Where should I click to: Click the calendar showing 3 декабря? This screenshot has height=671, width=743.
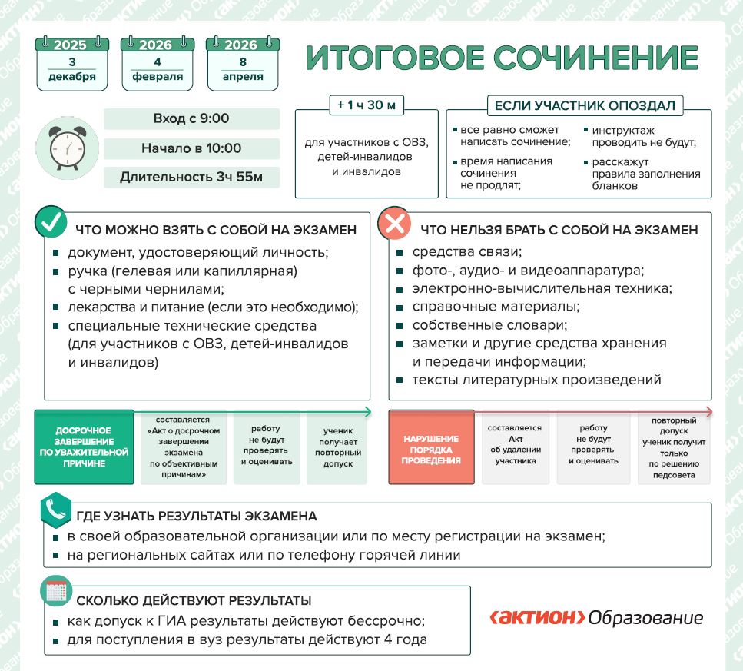click(72, 64)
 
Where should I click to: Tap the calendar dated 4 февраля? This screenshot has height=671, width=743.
click(158, 64)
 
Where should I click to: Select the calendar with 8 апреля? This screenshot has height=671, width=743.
click(243, 64)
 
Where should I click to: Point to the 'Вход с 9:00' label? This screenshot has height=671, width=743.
click(191, 119)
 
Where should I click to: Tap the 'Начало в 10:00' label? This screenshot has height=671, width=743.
click(191, 148)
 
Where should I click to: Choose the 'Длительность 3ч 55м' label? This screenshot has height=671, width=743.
click(191, 178)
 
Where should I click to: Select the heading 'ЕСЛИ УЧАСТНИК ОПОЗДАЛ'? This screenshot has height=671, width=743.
click(585, 105)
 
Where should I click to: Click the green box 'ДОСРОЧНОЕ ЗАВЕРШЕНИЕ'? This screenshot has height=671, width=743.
click(84, 447)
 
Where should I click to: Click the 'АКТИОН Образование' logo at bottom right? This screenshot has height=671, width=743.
click(596, 617)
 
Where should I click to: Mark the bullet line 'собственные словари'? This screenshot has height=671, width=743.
click(475, 324)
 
